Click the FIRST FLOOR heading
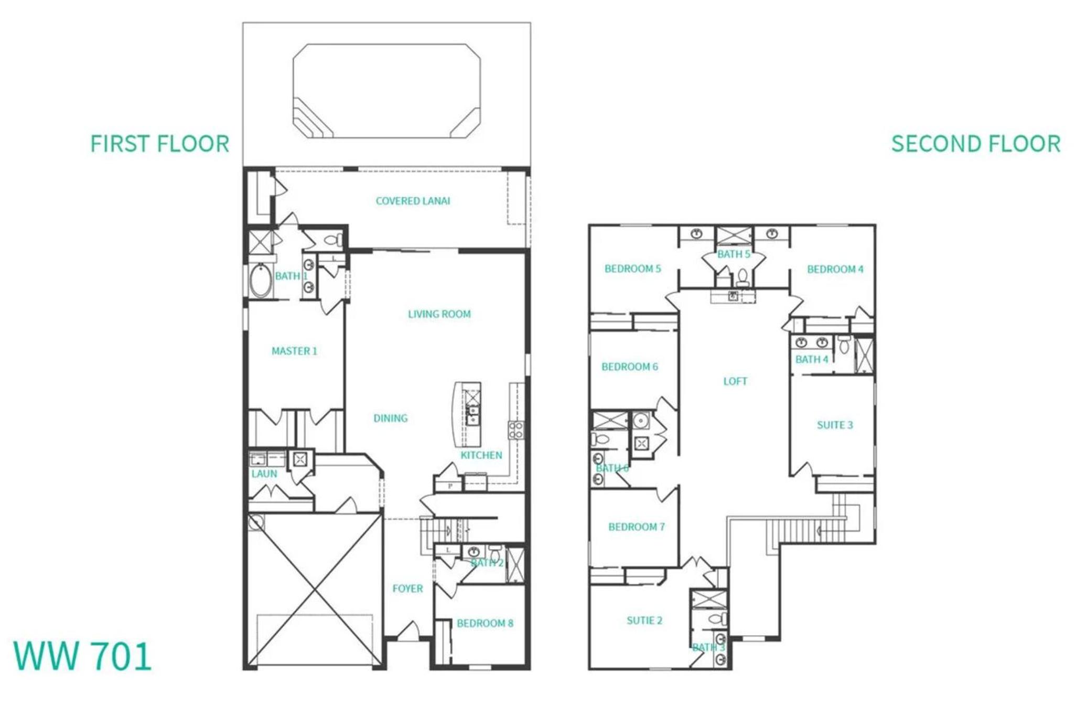point(160,144)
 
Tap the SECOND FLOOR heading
point(976,144)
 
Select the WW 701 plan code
point(82,656)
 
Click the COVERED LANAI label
point(413,201)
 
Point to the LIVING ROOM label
point(439,314)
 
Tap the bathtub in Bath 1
point(260,281)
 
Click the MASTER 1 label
point(294,351)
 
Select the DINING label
point(390,418)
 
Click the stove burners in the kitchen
point(515,430)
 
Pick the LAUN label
point(264,474)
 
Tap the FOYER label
point(407,588)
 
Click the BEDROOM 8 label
point(485,623)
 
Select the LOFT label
point(735,381)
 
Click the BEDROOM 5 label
point(632,269)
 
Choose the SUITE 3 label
point(835,425)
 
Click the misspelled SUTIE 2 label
point(644,620)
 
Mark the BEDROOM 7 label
point(636,527)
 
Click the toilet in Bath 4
point(844,345)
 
